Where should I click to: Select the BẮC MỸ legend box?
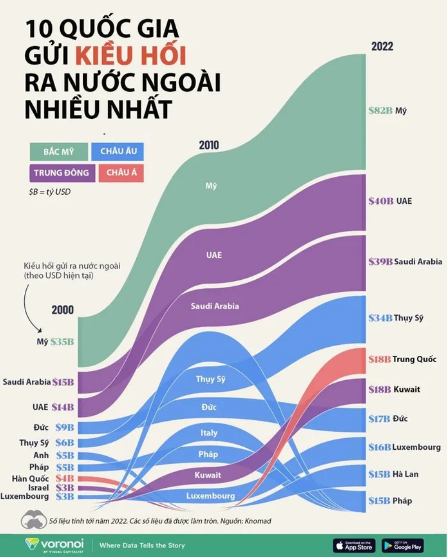click(58, 152)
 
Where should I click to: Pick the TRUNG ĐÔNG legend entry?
click(62, 173)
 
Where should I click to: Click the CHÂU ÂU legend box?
click(118, 151)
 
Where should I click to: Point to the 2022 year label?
click(382, 46)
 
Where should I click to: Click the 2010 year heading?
click(209, 146)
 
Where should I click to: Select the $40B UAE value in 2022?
click(381, 201)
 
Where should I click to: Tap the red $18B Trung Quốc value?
click(381, 359)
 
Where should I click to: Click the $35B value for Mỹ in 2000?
click(62, 342)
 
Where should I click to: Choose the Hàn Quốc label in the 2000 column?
click(31, 478)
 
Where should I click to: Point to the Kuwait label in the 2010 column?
click(208, 475)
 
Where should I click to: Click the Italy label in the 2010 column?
click(209, 433)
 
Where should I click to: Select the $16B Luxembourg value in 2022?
click(380, 447)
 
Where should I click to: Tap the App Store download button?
click(354, 545)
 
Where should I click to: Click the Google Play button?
click(402, 545)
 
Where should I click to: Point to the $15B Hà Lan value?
click(380, 474)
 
